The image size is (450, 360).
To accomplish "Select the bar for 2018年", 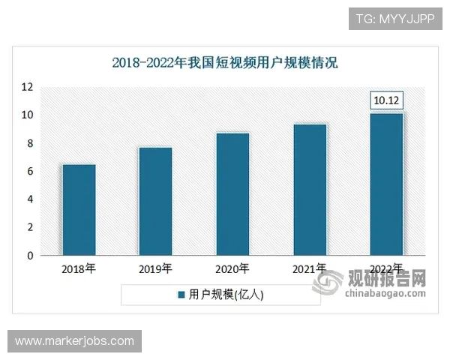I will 79,210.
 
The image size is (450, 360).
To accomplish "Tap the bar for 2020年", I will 232,194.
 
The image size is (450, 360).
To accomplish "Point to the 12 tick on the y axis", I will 28,87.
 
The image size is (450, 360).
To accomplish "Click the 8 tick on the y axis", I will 30,143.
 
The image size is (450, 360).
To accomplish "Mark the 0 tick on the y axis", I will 30,256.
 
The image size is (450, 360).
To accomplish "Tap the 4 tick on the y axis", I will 30,199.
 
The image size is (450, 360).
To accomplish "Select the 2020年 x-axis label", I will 232,268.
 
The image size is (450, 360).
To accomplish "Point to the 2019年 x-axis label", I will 155,268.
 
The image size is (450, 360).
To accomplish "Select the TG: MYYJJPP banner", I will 395,19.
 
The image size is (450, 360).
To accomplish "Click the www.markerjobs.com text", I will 74,341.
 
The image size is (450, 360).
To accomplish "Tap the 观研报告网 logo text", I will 386,279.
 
